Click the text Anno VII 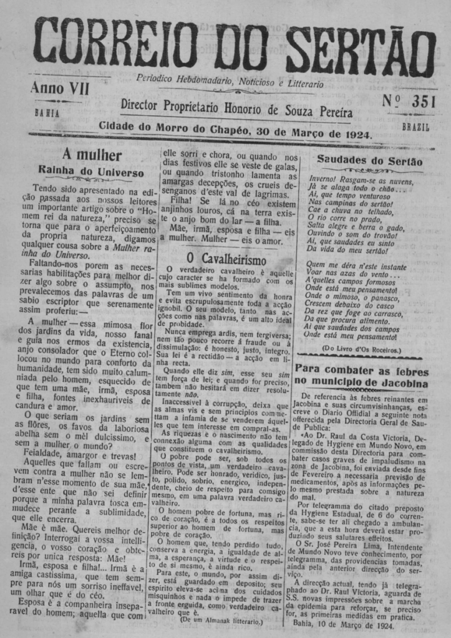point(59,89)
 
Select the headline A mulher point(91,155)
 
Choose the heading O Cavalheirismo point(226,259)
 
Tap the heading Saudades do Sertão point(369,160)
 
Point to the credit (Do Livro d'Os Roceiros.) point(362,350)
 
